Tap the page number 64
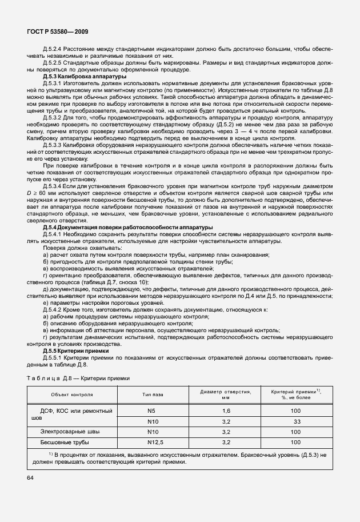29,478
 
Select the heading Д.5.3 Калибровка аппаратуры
85,76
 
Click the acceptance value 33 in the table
297,421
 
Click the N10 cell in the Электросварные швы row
153,432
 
